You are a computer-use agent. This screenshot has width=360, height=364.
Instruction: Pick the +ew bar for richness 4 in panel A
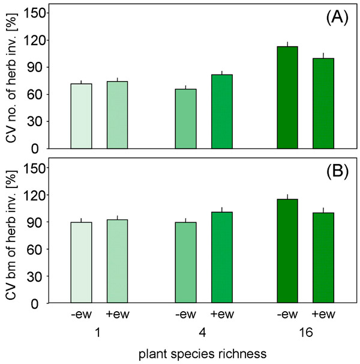(x=222, y=112)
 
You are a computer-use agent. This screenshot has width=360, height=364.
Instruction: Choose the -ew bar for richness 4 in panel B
(x=186, y=262)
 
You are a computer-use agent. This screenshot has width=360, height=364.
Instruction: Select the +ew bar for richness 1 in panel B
(x=117, y=261)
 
